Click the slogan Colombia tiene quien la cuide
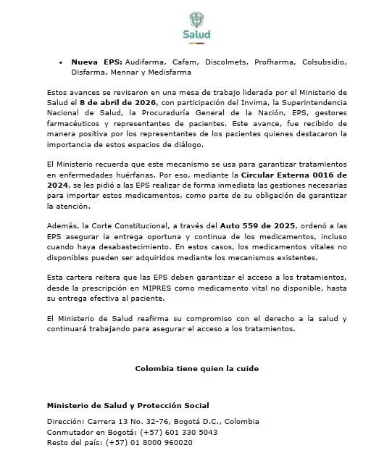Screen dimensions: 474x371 196,368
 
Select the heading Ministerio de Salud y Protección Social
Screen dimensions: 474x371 128,405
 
